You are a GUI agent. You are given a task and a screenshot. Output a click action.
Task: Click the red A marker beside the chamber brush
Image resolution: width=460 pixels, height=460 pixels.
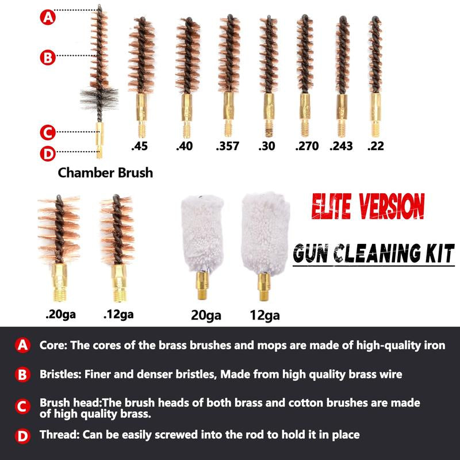click(48, 17)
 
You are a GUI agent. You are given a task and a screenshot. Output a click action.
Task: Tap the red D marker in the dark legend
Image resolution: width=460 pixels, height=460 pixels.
click(22, 436)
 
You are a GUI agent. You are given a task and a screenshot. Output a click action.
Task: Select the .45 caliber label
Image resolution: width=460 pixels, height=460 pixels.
click(139, 146)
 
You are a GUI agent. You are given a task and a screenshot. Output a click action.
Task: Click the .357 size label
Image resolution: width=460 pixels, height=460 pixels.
click(227, 146)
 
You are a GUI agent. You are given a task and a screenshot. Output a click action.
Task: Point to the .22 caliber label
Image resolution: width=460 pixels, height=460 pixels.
click(375, 146)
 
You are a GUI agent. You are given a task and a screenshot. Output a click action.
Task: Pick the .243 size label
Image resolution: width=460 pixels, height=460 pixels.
click(341, 146)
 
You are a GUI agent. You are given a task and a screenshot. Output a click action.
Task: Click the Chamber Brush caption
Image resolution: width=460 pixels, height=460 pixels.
click(105, 172)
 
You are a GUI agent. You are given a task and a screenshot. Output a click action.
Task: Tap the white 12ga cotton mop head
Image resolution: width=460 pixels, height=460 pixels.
click(266, 233)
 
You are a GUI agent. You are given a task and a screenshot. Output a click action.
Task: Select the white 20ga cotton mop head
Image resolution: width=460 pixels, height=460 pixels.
click(202, 233)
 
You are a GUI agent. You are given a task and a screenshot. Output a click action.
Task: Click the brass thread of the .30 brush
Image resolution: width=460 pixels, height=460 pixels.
click(269, 129)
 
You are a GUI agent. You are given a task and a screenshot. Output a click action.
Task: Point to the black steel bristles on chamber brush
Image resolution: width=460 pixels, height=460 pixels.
click(99, 99)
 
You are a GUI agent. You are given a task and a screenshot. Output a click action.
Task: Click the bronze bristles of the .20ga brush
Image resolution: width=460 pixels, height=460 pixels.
click(59, 229)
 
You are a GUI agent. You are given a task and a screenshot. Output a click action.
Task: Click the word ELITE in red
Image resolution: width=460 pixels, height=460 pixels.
click(331, 206)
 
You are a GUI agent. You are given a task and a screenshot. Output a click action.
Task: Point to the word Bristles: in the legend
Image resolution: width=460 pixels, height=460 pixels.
click(60, 374)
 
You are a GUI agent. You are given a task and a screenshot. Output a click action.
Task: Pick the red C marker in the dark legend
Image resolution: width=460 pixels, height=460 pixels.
click(22, 407)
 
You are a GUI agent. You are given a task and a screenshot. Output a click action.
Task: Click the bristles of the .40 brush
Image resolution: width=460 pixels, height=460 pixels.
click(188, 56)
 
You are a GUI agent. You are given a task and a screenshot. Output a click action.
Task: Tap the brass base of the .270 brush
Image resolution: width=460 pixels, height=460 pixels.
click(305, 115)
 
